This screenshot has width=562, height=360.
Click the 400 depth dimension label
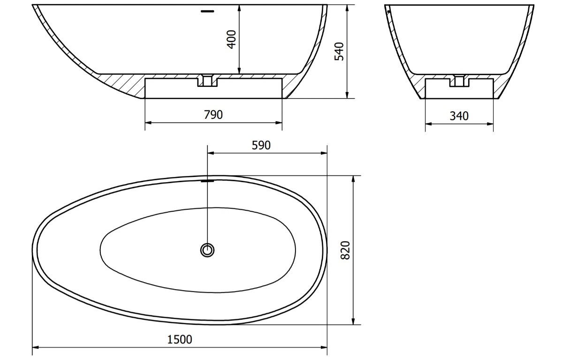232,39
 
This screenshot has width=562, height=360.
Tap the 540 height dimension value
339,51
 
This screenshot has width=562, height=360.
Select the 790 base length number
213,115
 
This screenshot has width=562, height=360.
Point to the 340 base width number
459,116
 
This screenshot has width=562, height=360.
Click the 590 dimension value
261,145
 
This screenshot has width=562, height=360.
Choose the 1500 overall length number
180,339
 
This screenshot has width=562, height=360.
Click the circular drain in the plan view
207,250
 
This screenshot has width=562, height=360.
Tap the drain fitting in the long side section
207,80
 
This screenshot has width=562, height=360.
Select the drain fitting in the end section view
459,80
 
